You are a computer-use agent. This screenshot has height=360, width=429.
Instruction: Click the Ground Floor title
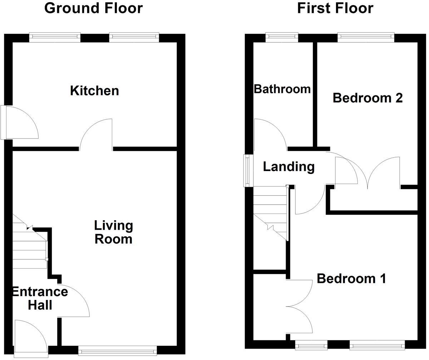pos(93,8)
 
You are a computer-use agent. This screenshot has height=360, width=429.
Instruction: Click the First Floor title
pos(335,8)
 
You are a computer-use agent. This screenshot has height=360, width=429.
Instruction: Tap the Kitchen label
pos(94,91)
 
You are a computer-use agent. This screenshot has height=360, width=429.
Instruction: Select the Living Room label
pos(113,232)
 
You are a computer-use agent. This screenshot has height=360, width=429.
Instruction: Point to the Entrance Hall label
pos(40,298)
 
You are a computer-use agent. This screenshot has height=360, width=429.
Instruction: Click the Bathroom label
pos(282,89)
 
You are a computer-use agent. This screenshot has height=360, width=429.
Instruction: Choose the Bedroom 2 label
pos(368,97)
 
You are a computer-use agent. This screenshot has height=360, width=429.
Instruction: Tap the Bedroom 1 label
pos(351,279)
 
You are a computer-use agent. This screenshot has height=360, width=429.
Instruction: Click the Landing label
pos(289,166)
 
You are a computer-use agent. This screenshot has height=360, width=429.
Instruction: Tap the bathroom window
pos(282,37)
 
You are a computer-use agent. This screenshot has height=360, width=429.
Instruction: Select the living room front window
pos(117,350)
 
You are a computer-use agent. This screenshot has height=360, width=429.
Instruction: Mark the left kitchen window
pos(55,37)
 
